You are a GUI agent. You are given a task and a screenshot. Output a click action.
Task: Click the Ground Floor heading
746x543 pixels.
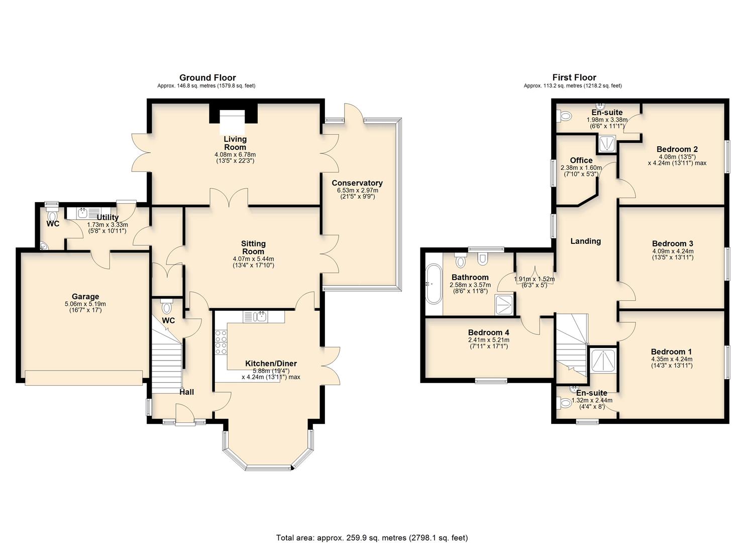tap(207, 77)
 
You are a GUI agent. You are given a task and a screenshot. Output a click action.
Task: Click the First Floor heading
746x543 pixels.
tap(574, 77)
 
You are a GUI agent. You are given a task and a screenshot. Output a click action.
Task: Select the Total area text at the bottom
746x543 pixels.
tap(372, 537)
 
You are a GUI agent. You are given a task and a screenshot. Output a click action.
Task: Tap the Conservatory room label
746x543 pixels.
tap(357, 183)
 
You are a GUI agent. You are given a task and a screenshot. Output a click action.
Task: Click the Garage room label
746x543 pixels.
tap(85, 297)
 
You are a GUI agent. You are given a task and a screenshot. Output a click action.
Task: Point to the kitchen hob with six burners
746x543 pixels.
tap(221, 342)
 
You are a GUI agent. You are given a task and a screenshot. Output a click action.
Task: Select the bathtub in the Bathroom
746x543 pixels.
tap(433, 284)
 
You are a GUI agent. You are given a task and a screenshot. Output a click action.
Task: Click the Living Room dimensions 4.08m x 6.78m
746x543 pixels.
tap(235, 154)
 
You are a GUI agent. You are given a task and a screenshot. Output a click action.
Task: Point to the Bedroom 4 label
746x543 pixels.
tap(488, 332)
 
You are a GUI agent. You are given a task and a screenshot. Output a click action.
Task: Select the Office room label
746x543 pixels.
tap(581, 160)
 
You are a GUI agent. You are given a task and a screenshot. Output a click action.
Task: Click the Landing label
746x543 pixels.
tap(585, 241)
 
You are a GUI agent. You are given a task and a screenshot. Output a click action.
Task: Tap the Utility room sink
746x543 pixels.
tap(83, 213)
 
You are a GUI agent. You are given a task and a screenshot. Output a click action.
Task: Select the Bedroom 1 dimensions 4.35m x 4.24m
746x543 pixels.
tap(671, 359)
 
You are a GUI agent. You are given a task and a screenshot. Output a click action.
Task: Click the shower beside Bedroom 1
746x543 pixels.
tap(601, 360)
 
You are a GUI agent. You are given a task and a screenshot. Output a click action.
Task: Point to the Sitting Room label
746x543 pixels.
tap(253, 247)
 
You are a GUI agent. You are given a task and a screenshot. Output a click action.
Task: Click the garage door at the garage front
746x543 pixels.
tap(83, 378)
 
